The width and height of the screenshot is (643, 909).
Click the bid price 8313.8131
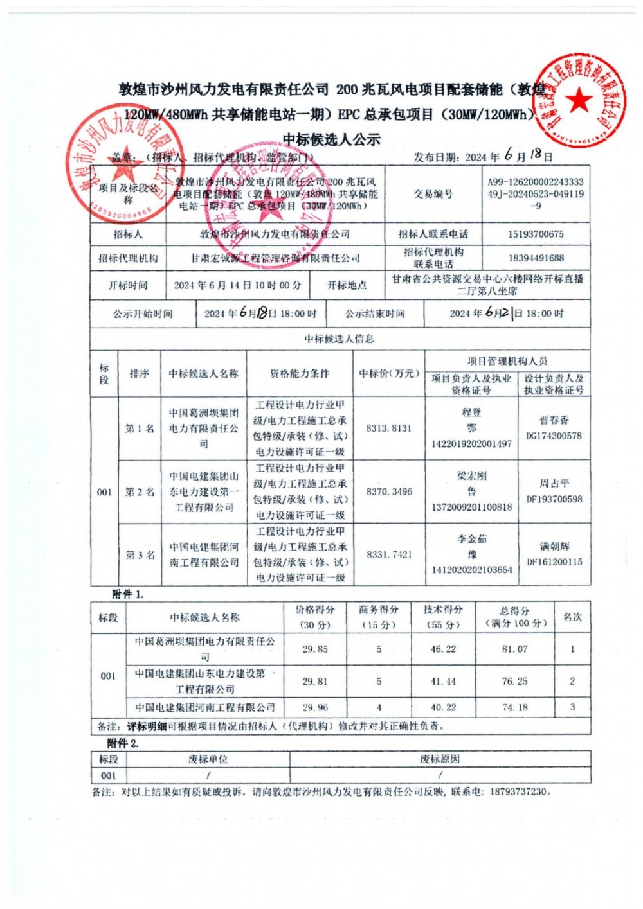click(388, 428)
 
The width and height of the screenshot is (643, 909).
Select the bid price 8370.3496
click(389, 491)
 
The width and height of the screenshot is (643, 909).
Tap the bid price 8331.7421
click(389, 554)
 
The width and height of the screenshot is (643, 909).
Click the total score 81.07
click(514, 649)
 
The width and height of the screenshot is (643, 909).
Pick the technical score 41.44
click(443, 682)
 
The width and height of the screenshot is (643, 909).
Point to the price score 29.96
click(315, 707)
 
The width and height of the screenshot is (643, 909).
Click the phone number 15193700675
click(536, 234)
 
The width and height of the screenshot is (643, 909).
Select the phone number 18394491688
click(536, 258)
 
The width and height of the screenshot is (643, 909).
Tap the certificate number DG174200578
click(554, 436)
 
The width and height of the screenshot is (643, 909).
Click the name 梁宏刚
click(471, 476)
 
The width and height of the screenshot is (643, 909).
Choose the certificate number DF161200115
click(554, 562)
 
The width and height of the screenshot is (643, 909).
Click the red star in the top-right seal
click(580, 101)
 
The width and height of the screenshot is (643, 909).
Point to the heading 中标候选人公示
click(332, 139)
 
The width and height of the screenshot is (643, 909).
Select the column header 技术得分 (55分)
click(443, 617)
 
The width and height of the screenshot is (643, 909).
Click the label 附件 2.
click(123, 743)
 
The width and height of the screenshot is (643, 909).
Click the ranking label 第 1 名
click(140, 428)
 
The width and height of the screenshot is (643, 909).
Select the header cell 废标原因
click(440, 759)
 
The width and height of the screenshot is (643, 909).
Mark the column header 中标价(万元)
click(389, 373)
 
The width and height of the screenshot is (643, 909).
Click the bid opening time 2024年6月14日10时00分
click(237, 285)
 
